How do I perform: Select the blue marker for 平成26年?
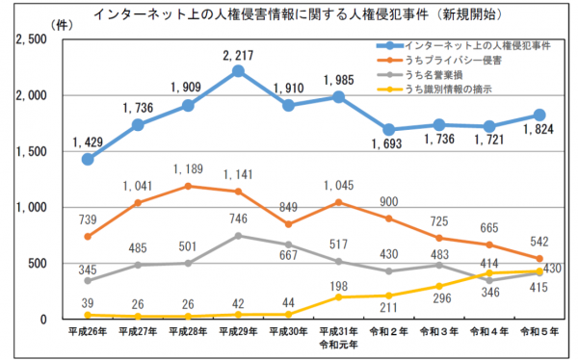pyautogui.click(x=88, y=159)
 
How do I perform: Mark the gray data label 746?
pyautogui.click(x=238, y=219)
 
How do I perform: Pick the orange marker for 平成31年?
pyautogui.click(x=338, y=202)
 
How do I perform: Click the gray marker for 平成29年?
pyautogui.click(x=238, y=235)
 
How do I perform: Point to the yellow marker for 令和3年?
pyautogui.click(x=438, y=286)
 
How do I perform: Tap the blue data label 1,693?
pyautogui.click(x=388, y=146)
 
